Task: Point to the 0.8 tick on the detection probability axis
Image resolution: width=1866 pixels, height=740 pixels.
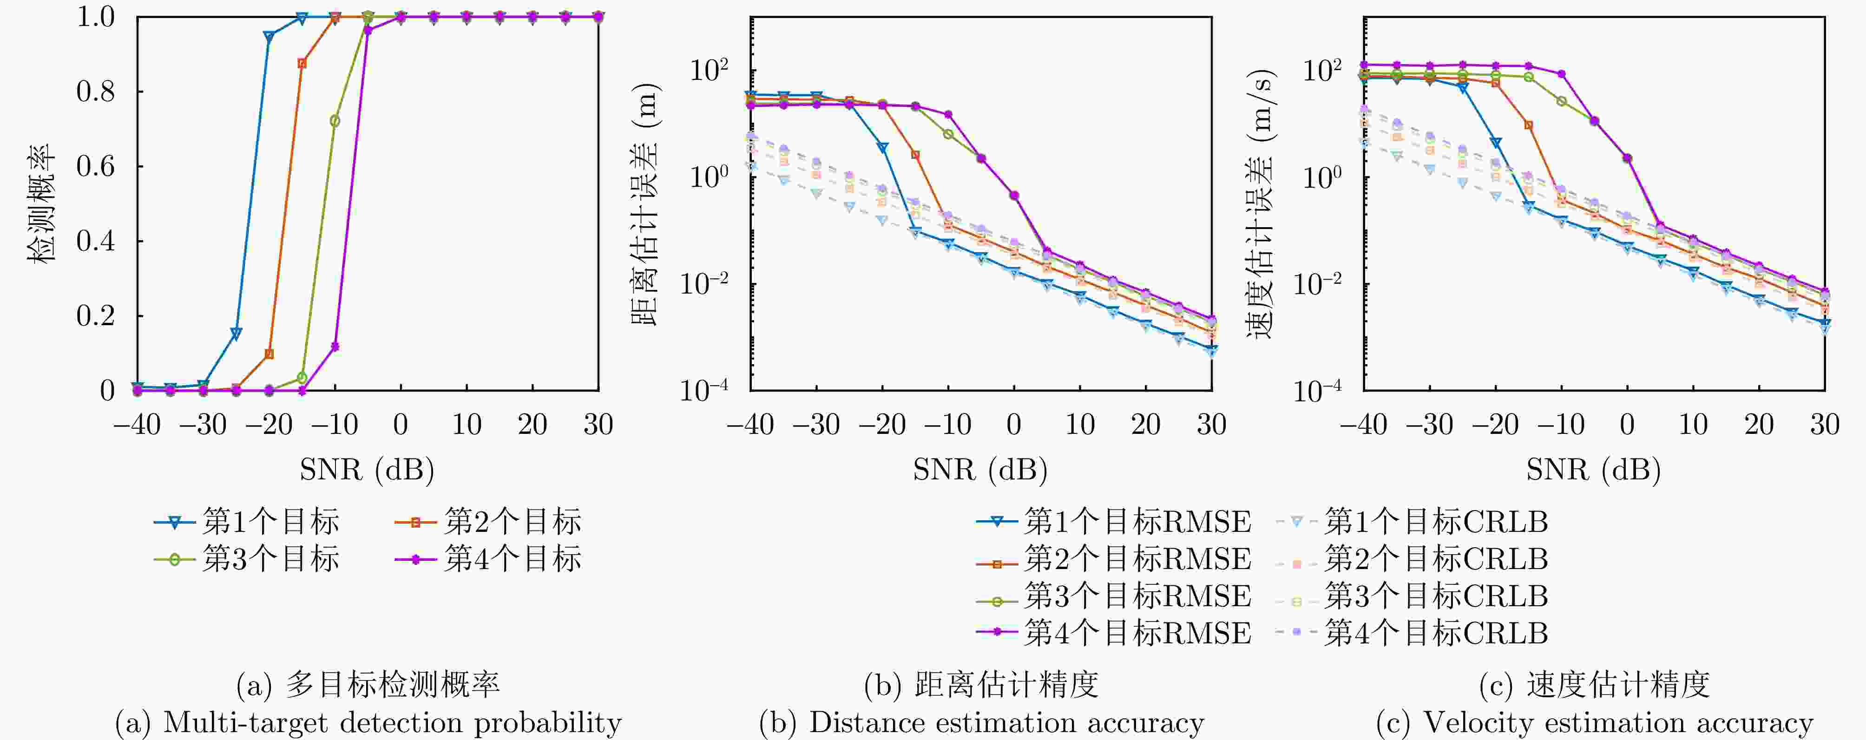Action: [96, 92]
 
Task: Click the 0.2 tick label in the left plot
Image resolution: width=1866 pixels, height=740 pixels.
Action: [96, 316]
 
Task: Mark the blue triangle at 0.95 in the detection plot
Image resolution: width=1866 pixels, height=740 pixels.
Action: [269, 36]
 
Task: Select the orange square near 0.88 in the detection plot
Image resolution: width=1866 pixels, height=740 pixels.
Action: [302, 64]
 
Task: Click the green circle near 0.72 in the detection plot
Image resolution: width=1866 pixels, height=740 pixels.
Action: [335, 121]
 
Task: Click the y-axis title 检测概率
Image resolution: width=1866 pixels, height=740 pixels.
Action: [41, 203]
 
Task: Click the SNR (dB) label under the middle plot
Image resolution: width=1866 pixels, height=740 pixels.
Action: [980, 470]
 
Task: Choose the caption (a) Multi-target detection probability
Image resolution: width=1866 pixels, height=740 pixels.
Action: [368, 723]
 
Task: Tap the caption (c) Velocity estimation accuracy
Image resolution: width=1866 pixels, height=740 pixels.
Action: [1594, 723]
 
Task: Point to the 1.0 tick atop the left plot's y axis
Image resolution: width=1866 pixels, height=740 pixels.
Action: [96, 17]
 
